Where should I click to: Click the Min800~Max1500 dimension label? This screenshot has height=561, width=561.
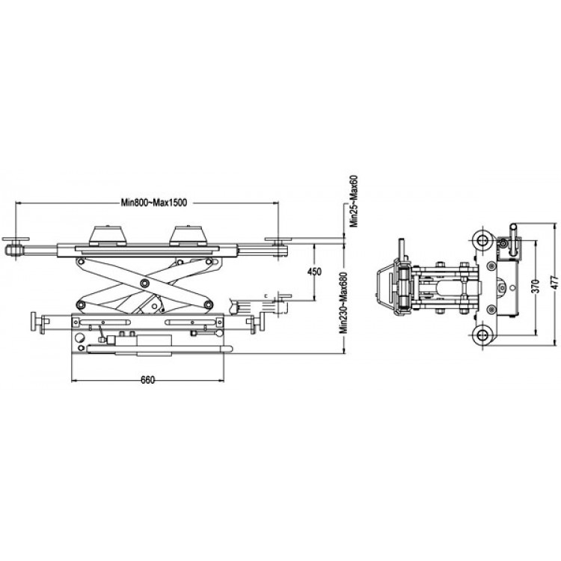coord(154,203)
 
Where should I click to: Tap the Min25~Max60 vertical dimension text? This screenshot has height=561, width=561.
coord(354,201)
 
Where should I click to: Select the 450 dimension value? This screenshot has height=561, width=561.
coord(314,272)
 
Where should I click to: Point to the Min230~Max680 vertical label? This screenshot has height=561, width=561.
coord(344,303)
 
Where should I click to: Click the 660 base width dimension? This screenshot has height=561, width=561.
coord(148,380)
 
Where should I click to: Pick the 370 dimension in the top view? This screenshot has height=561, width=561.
coord(536,286)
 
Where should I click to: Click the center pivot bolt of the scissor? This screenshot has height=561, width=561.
coord(144,283)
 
